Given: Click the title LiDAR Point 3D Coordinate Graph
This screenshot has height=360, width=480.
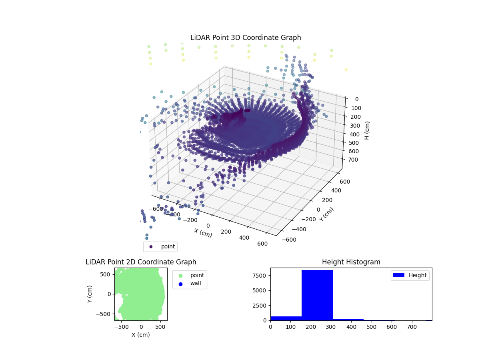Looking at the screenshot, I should click(x=246, y=38).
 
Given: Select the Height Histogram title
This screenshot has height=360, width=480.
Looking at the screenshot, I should click(x=351, y=262).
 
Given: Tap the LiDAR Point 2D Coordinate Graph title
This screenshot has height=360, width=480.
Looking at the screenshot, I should click(x=141, y=262).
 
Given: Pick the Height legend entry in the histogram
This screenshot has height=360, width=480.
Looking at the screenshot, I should click(x=410, y=275).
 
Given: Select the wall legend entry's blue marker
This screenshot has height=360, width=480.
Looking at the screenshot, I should click(x=180, y=284).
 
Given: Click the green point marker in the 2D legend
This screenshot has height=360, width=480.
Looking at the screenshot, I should click(x=180, y=275).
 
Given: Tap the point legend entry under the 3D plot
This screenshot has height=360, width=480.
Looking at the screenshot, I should click(x=160, y=246).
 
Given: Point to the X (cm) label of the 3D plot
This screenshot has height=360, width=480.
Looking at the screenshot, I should click(x=203, y=233).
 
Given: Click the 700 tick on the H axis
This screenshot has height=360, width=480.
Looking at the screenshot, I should click(x=354, y=160).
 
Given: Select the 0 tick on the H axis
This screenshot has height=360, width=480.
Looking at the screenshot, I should click(x=357, y=99).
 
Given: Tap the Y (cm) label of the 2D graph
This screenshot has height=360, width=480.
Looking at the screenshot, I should click(x=90, y=294).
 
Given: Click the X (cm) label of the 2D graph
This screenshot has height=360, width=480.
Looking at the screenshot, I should click(x=141, y=335).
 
